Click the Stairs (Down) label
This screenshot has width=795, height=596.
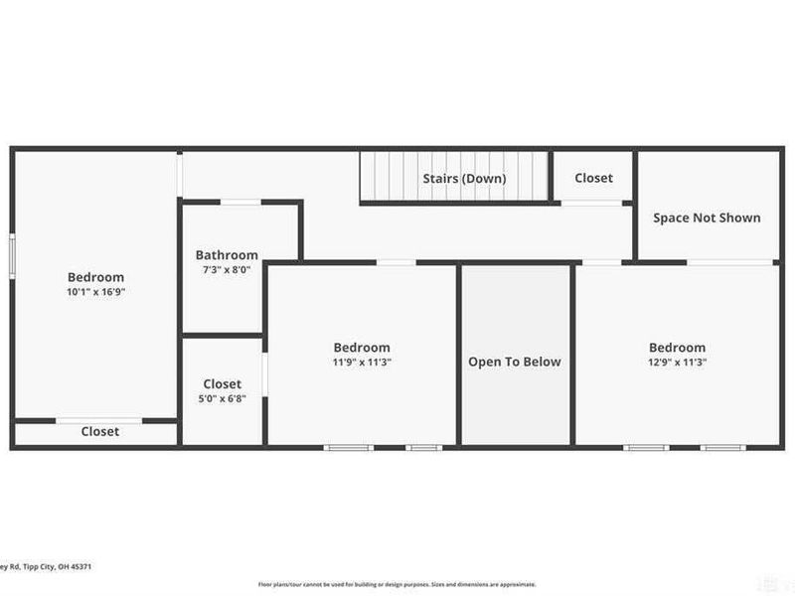[x=464, y=179]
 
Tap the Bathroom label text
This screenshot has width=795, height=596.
[x=227, y=255]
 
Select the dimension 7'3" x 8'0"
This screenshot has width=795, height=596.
[x=227, y=269]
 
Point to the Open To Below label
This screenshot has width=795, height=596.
[x=515, y=362]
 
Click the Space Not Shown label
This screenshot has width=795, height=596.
[x=707, y=218]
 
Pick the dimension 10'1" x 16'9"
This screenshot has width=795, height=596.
[x=95, y=292]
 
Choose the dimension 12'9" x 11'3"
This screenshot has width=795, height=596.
[x=677, y=363]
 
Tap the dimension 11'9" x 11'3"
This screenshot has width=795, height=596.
[x=361, y=363]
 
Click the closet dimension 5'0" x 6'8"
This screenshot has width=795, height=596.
[x=223, y=398]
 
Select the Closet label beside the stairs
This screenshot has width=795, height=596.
[x=593, y=178]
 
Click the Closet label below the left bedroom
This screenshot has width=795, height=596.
[x=99, y=431]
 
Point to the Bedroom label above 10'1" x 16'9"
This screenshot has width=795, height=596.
[x=95, y=277]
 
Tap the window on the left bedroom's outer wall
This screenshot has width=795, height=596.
[x=13, y=254]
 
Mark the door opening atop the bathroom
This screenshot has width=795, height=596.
[x=240, y=203]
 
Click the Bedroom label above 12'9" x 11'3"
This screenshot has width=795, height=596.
[x=677, y=348]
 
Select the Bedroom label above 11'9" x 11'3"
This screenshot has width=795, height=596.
[x=361, y=348]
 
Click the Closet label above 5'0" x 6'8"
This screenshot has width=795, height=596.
[x=223, y=384]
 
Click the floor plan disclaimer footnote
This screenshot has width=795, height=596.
[x=397, y=584]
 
